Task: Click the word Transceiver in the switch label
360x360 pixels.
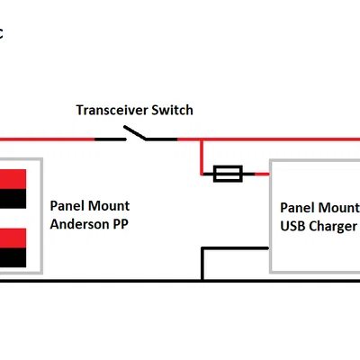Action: pos(112,110)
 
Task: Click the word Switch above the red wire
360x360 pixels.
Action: pos(172,110)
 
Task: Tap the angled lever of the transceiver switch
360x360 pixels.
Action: pos(135,132)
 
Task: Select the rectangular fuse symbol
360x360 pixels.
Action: pos(228,174)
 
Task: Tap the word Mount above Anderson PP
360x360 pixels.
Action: pos(109,206)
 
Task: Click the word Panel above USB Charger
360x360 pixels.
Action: pos(297,208)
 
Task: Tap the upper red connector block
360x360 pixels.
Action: pos(13,179)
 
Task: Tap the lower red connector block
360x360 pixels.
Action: pos(13,238)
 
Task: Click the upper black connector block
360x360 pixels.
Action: pos(13,199)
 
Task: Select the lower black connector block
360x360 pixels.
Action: pos(13,257)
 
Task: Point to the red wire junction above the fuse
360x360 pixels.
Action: pos(202,139)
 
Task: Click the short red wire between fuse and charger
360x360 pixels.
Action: pos(262,174)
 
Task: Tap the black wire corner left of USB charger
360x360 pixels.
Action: pos(202,248)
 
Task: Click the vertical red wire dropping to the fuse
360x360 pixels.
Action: pos(202,157)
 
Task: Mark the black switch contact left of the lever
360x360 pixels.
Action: pos(111,139)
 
